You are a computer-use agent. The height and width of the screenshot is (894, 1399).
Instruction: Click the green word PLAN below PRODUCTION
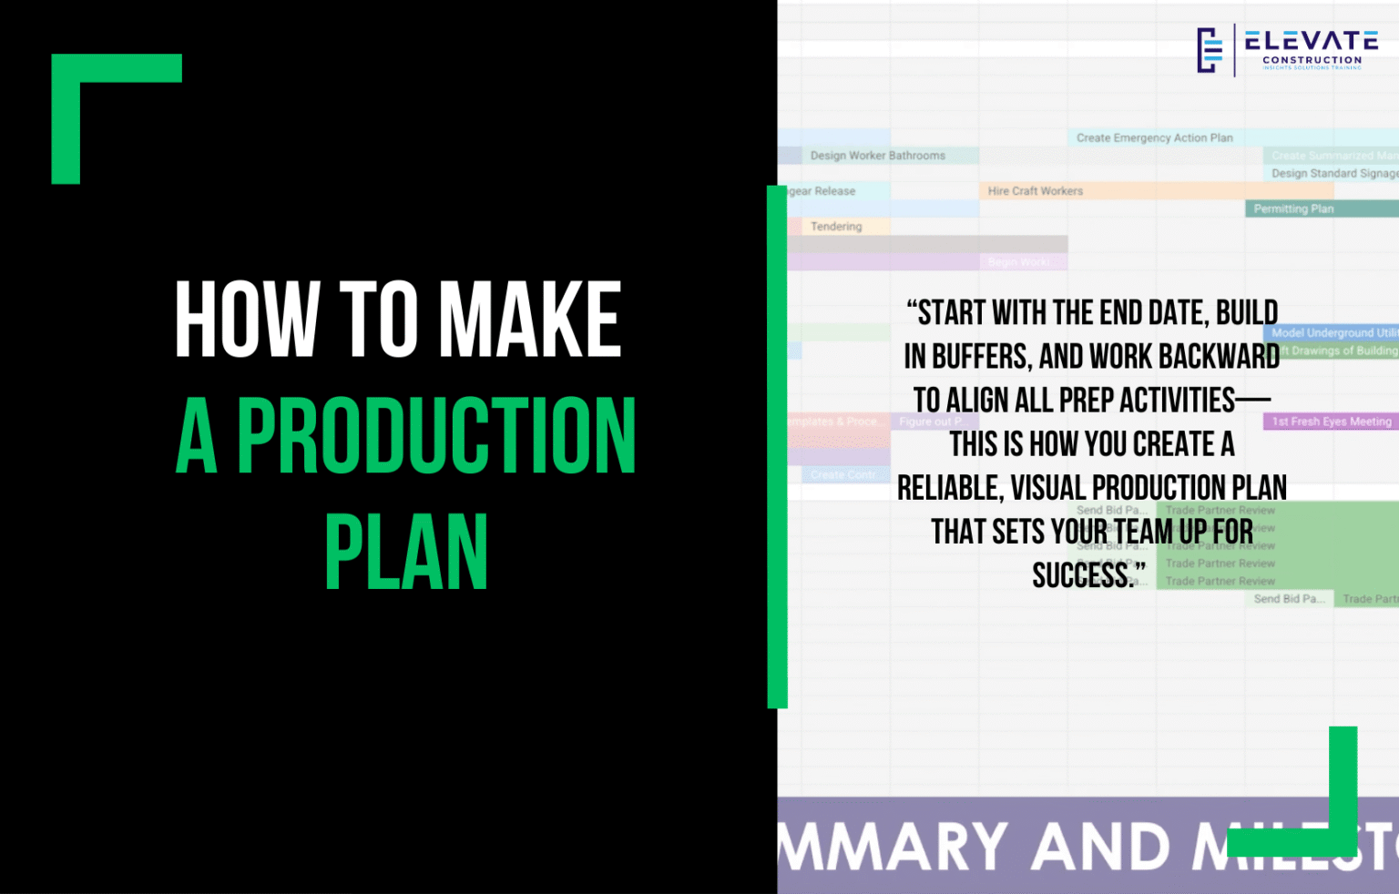pos(406,553)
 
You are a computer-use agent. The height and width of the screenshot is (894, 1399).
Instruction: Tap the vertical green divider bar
pos(777,446)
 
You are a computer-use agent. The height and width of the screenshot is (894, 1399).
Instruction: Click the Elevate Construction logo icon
pos(1210,50)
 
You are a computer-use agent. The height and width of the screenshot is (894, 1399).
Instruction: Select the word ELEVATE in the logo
pos(1312,41)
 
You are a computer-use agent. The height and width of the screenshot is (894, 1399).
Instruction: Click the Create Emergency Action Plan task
pos(1154,138)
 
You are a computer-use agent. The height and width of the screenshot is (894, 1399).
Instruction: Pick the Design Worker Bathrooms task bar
pos(877,156)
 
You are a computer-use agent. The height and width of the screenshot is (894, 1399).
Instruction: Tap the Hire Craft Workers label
pos(1035,191)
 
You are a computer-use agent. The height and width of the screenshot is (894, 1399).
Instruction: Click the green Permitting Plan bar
pos(1293,209)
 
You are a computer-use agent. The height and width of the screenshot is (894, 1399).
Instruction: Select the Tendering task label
pos(835,227)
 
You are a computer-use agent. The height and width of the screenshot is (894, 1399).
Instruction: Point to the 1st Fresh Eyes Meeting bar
pos(1331,422)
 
